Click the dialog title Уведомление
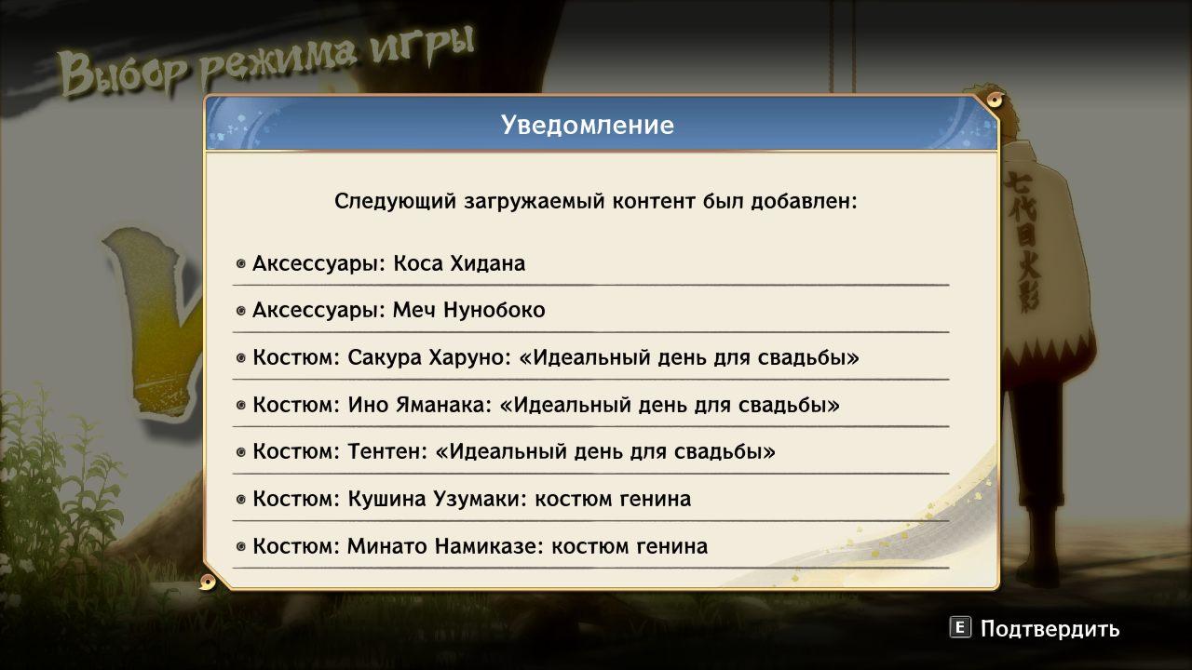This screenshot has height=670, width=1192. (x=588, y=125)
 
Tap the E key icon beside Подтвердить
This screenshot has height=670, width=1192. (x=960, y=628)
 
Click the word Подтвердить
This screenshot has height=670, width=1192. (x=1050, y=629)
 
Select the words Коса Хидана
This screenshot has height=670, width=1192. (x=459, y=263)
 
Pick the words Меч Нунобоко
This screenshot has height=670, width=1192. (x=468, y=310)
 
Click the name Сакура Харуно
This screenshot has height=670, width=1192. (x=427, y=358)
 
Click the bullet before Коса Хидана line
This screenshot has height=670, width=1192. (x=241, y=263)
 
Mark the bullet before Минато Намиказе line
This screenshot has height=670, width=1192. (x=241, y=546)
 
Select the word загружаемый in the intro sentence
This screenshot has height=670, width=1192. (x=534, y=202)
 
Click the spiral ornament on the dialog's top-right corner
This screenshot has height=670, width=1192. (x=994, y=100)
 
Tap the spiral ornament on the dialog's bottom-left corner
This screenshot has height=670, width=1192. (x=208, y=583)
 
